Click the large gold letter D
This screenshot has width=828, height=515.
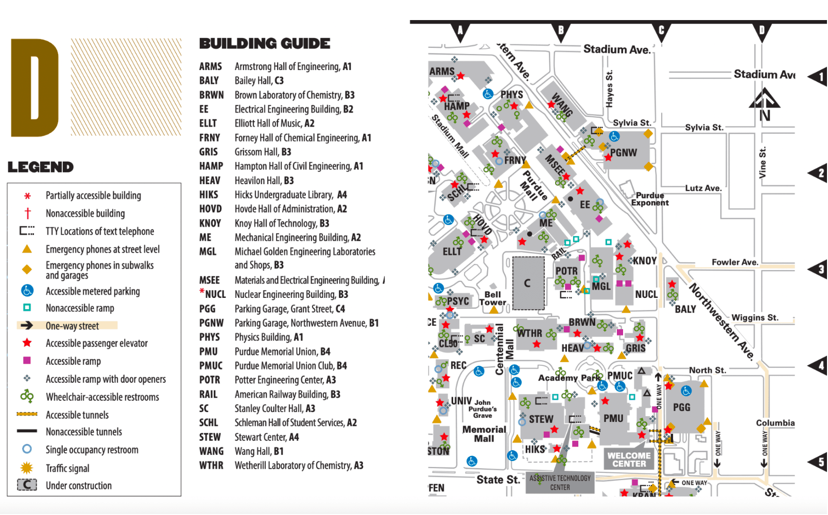pyautogui.click(x=34, y=87)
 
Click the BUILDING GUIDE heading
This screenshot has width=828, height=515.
pyautogui.click(x=265, y=44)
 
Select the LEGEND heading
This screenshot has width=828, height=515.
pyautogui.click(x=41, y=167)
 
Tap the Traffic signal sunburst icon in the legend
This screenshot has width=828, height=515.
pyautogui.click(x=27, y=468)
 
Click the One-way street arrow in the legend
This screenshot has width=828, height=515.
pyautogui.click(x=27, y=326)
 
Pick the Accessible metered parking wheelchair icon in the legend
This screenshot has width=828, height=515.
pyautogui.click(x=27, y=291)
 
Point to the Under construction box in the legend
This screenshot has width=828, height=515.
pyautogui.click(x=27, y=485)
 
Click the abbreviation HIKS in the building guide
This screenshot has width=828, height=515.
pyautogui.click(x=209, y=195)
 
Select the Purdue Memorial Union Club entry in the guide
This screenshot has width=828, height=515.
pyautogui.click(x=290, y=366)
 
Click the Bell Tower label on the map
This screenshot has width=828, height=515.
pyautogui.click(x=493, y=298)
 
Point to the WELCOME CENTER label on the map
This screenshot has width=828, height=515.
pyautogui.click(x=629, y=459)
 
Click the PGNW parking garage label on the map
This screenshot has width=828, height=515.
pyautogui.click(x=624, y=153)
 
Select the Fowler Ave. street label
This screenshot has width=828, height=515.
pyautogui.click(x=735, y=262)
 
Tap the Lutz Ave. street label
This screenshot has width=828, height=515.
pyautogui.click(x=703, y=188)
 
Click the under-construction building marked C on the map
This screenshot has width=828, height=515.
pyautogui.click(x=528, y=283)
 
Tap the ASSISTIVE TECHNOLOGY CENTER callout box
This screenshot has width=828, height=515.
pyautogui.click(x=560, y=483)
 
